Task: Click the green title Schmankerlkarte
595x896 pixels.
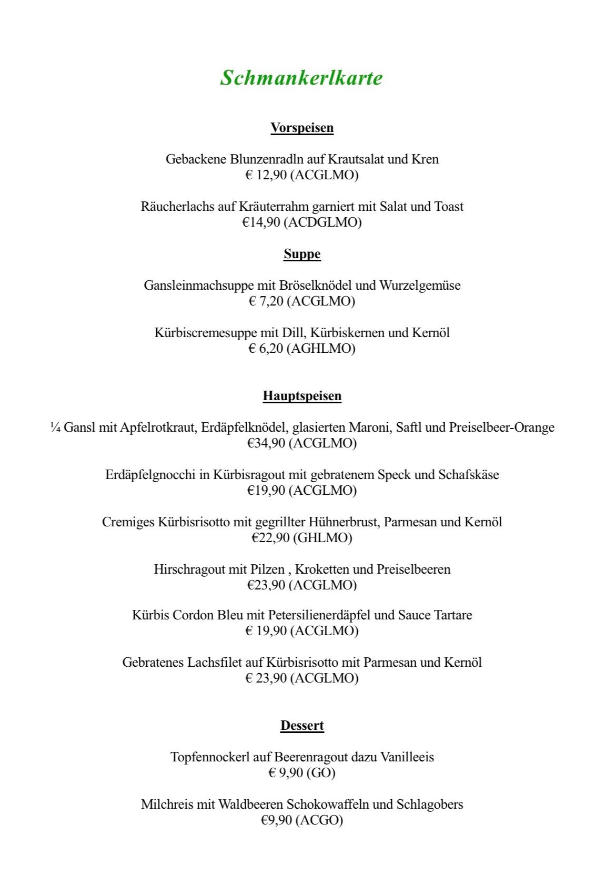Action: (301, 78)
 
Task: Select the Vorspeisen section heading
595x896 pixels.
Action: (302, 128)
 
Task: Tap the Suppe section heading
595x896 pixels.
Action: (302, 254)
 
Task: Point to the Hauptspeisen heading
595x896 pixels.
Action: (302, 396)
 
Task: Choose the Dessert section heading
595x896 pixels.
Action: (302, 726)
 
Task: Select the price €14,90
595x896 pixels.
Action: (261, 222)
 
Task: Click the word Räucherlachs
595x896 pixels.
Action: (177, 207)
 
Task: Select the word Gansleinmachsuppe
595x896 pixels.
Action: (198, 286)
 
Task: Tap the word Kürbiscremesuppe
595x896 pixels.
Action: (205, 333)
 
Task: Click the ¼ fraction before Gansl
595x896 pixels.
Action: (55, 427)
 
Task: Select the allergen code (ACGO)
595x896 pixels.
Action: (319, 820)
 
